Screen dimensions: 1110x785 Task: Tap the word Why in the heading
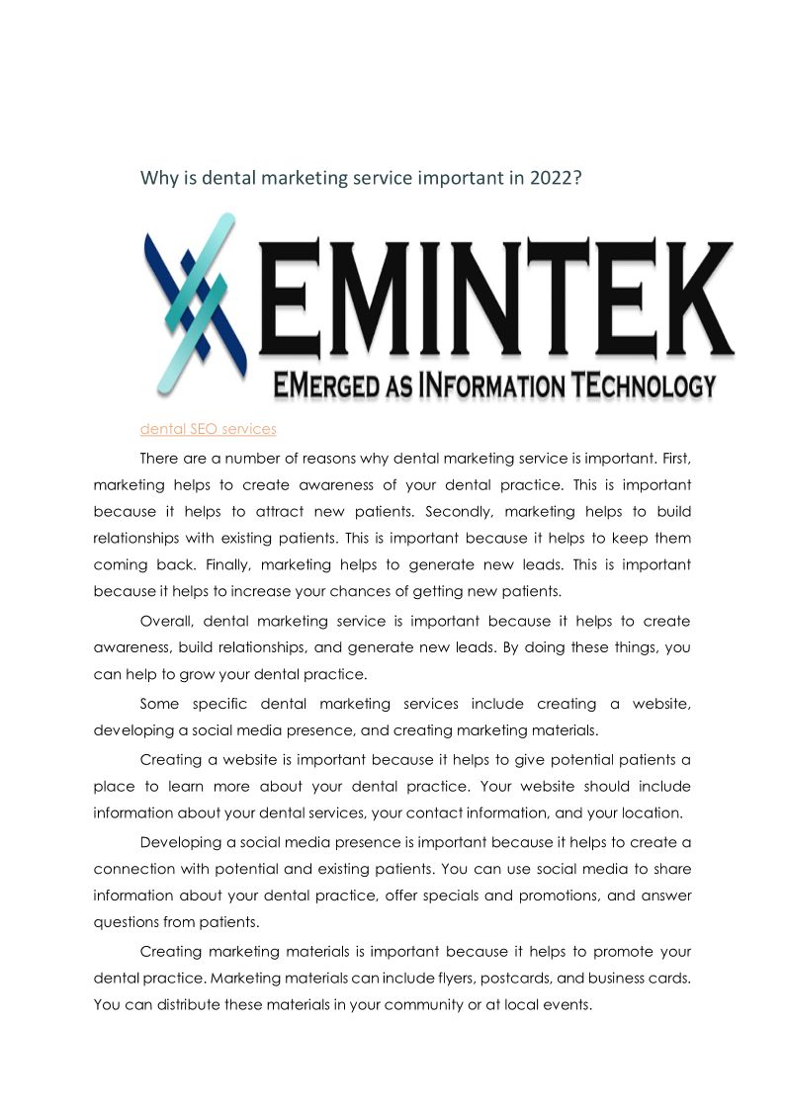pos(158,179)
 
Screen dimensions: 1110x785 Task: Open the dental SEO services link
pos(208,429)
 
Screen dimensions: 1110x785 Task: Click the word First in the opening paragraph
pos(670,459)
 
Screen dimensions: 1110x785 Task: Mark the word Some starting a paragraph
pos(160,704)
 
